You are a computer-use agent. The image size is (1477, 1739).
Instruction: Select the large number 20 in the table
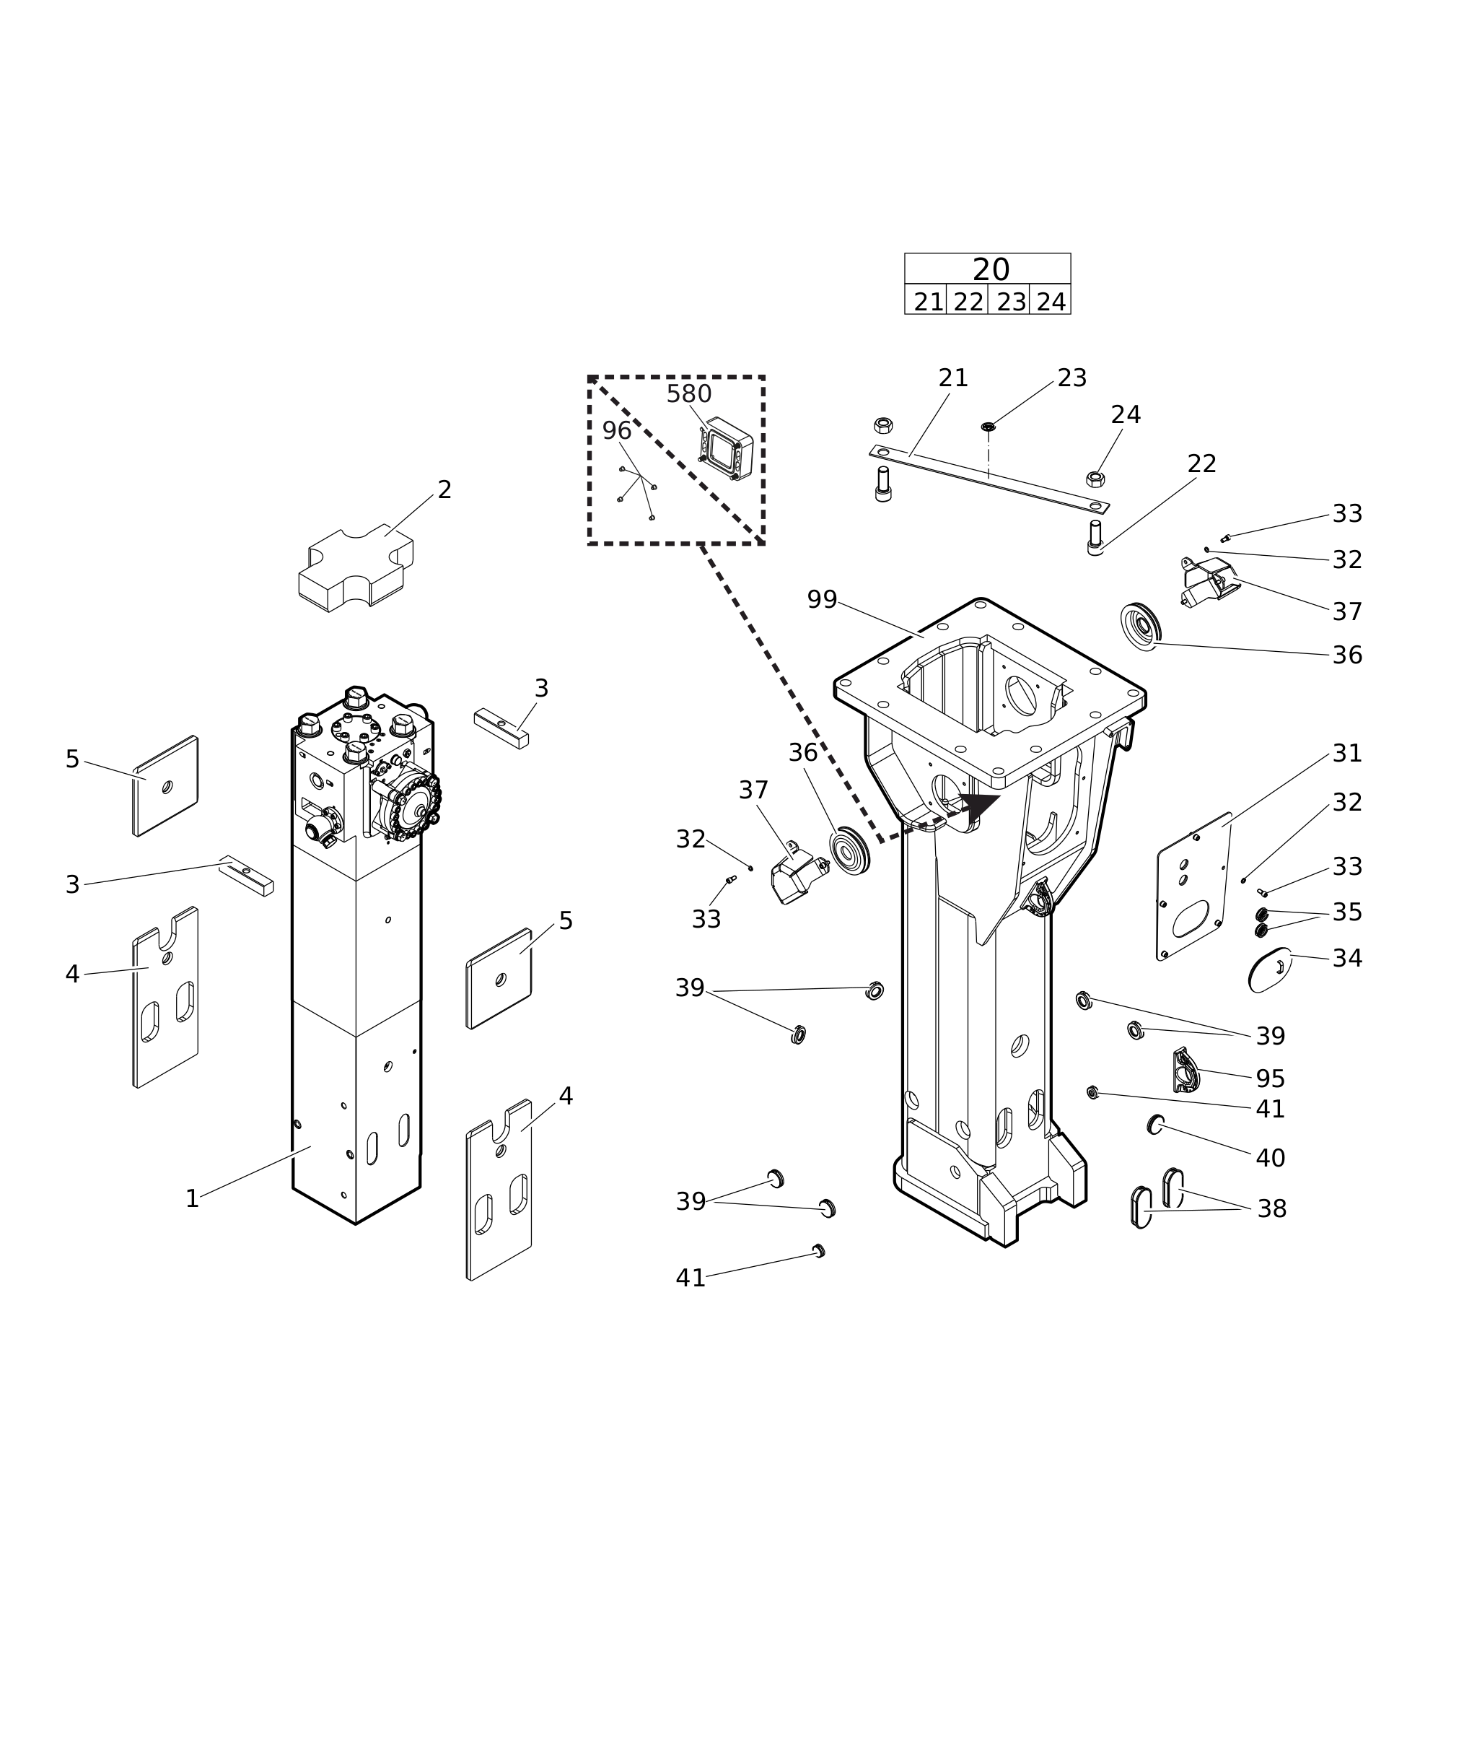(991, 270)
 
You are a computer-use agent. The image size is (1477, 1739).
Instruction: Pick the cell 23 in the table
(1012, 302)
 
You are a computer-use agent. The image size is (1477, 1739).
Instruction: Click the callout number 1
(192, 1199)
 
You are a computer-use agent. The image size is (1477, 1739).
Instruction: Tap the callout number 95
(1270, 1079)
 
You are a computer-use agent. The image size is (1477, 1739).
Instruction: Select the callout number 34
(1347, 959)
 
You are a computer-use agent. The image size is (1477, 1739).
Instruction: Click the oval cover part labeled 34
(1269, 970)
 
